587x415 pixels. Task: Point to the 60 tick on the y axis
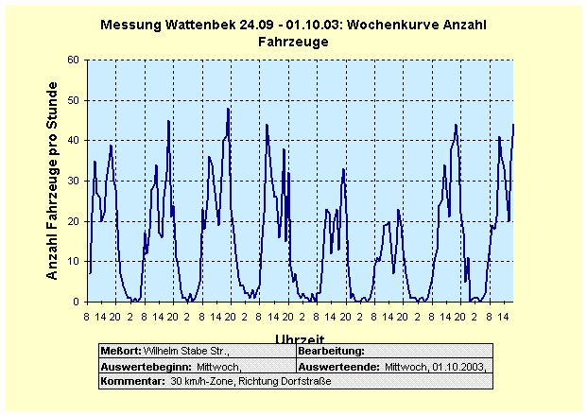tap(74, 60)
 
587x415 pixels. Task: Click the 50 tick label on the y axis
tap(74, 100)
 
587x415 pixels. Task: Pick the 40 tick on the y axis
tap(74, 141)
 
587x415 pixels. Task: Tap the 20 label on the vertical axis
tap(74, 221)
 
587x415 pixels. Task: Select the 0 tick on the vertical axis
tap(77, 302)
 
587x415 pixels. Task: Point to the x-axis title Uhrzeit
tap(300, 338)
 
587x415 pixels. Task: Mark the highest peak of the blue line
tap(228, 109)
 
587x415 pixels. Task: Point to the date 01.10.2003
tap(458, 366)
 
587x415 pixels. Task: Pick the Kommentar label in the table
tap(131, 380)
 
